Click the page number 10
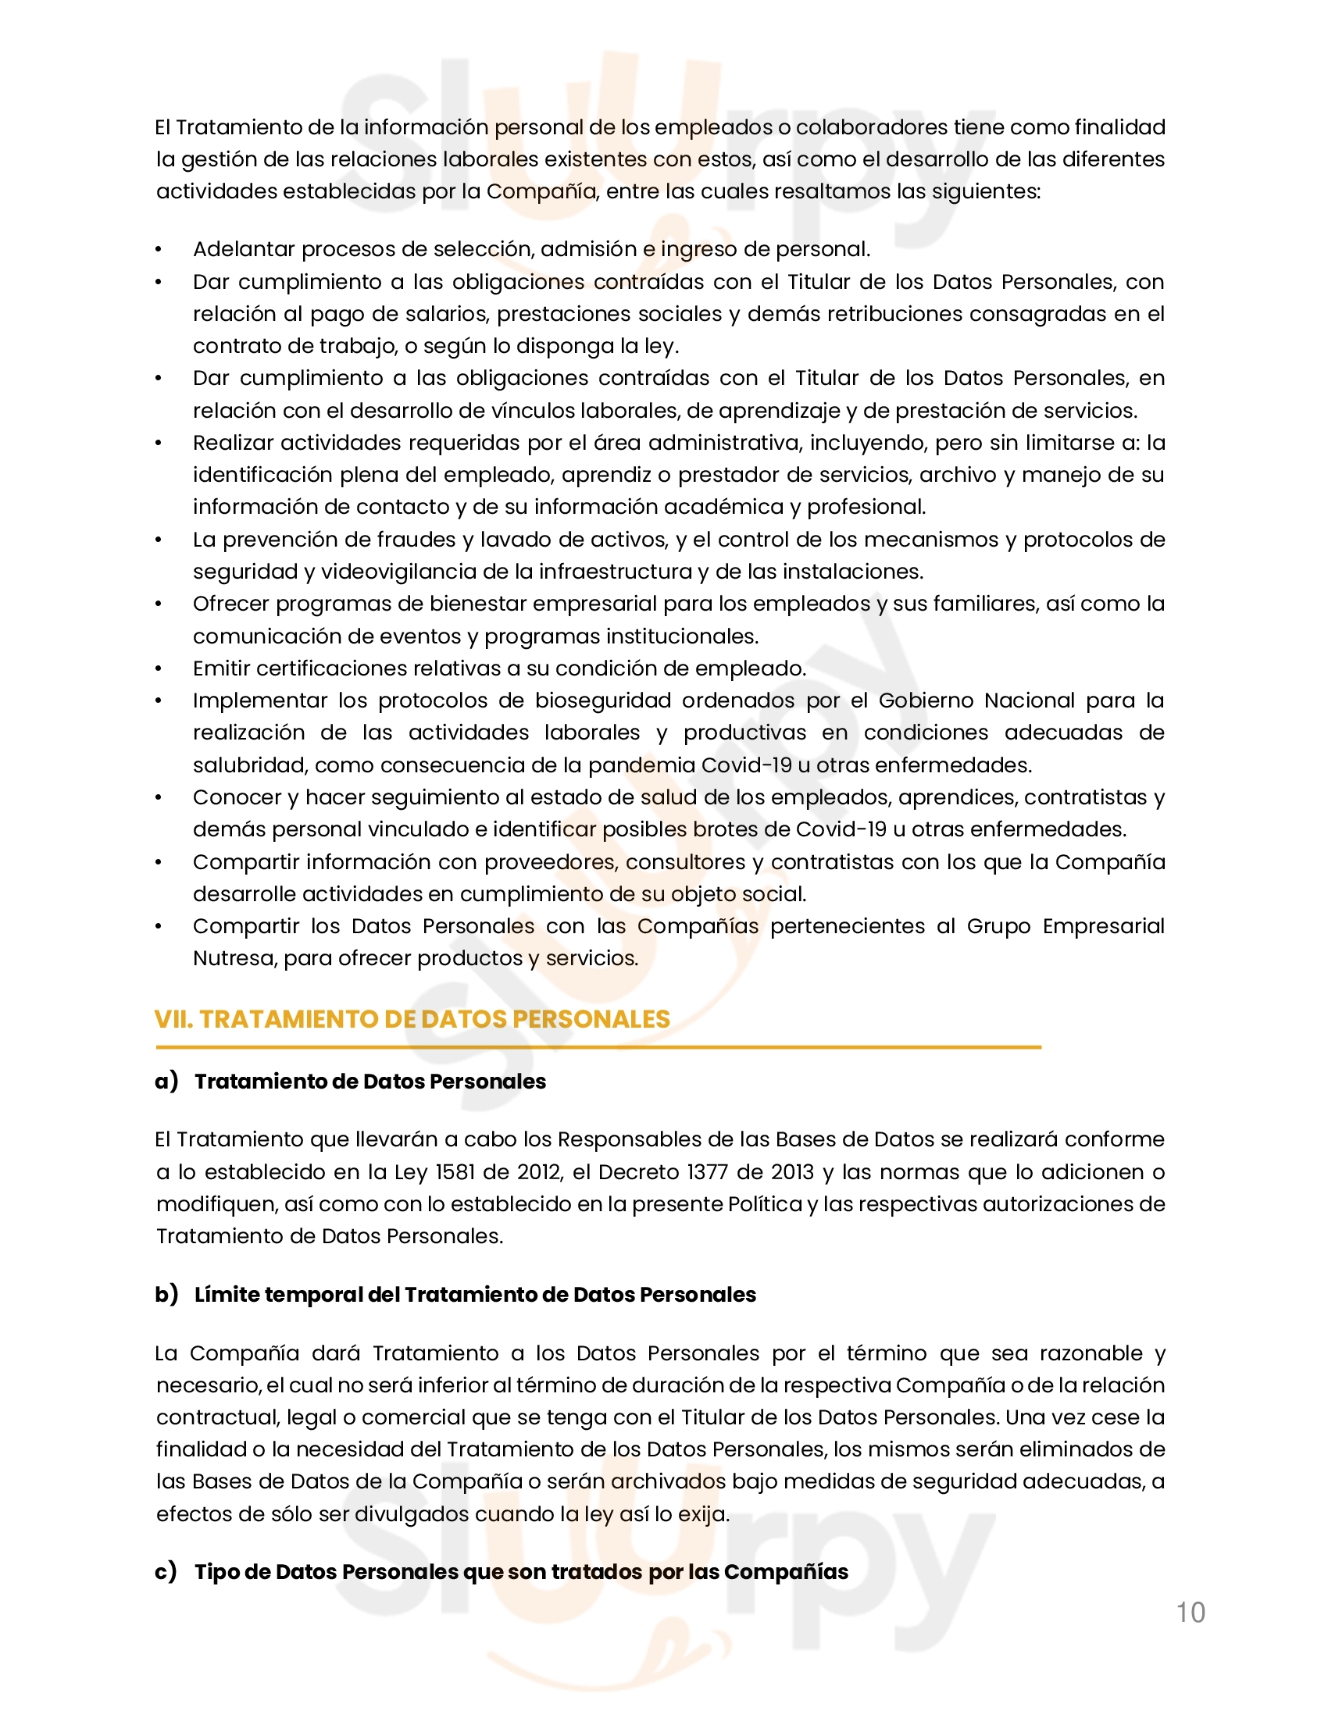point(1191,1612)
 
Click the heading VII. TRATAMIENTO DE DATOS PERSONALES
point(412,1018)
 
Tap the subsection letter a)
point(166,1082)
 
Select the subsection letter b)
point(166,1294)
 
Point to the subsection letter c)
point(165,1571)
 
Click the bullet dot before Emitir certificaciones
point(158,669)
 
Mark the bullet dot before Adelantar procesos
point(158,250)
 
